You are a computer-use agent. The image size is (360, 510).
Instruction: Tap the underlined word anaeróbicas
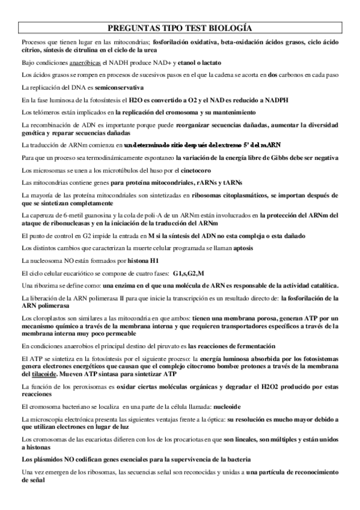coord(87,63)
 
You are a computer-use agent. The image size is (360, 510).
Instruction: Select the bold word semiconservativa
coord(108,88)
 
